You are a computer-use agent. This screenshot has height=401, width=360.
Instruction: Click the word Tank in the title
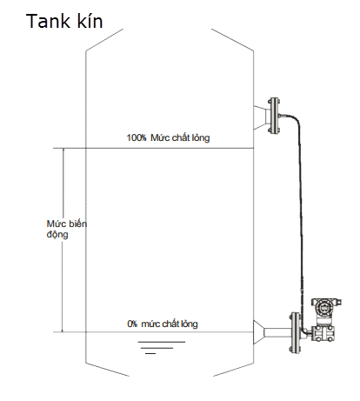48,21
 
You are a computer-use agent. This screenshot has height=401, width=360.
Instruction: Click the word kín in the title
90,21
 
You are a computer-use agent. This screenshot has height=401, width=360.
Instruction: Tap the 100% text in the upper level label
137,137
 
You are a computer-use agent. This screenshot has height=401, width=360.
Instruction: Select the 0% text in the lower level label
132,324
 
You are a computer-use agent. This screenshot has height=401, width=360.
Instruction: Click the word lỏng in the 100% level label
201,137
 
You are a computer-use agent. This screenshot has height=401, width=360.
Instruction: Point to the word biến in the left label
77,224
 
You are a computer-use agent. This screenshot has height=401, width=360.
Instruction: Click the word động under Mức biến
57,234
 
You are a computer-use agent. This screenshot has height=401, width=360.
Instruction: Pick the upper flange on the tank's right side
274,116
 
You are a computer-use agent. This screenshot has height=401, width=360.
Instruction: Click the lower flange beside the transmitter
295,332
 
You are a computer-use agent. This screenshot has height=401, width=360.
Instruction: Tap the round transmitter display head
323,307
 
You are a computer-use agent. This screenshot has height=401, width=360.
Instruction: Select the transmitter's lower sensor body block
323,333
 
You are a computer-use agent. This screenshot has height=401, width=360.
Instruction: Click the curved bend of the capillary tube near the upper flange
295,119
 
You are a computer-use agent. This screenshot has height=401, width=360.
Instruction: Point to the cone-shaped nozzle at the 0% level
259,332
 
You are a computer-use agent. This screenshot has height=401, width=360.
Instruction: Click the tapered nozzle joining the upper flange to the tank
260,117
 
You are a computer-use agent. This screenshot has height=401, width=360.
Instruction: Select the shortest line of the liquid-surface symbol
150,353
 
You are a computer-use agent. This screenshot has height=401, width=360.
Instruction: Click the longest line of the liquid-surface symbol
162,342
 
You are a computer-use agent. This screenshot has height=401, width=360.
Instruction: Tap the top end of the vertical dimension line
63,149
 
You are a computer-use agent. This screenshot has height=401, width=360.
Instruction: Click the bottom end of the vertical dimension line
63,332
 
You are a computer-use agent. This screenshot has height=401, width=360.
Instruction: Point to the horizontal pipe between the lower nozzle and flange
277,332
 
